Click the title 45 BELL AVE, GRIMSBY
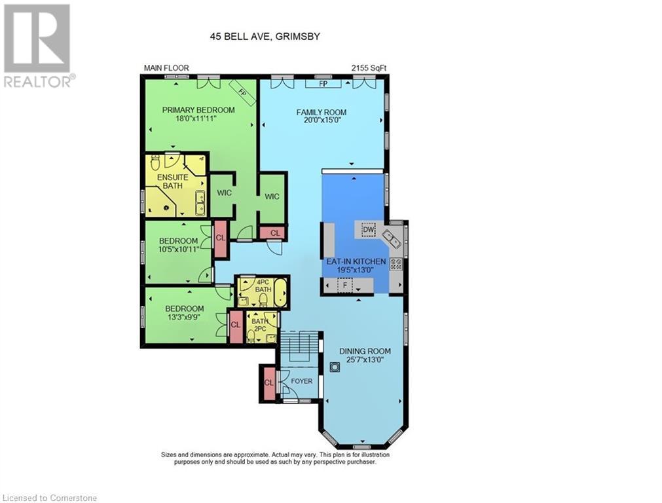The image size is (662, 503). tap(265, 37)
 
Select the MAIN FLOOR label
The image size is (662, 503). tap(164, 68)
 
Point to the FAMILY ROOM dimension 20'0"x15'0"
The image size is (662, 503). tap(321, 122)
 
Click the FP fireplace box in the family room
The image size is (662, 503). tap(322, 84)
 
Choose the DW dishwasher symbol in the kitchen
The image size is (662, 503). tap(368, 229)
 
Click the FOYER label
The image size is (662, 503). tap(301, 381)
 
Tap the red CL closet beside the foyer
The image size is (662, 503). tap(268, 382)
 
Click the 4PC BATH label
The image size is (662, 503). tap(263, 286)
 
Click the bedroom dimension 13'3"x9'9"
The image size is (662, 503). tap(184, 318)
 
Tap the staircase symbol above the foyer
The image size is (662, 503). tap(299, 346)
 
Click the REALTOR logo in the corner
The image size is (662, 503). tap(37, 46)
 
